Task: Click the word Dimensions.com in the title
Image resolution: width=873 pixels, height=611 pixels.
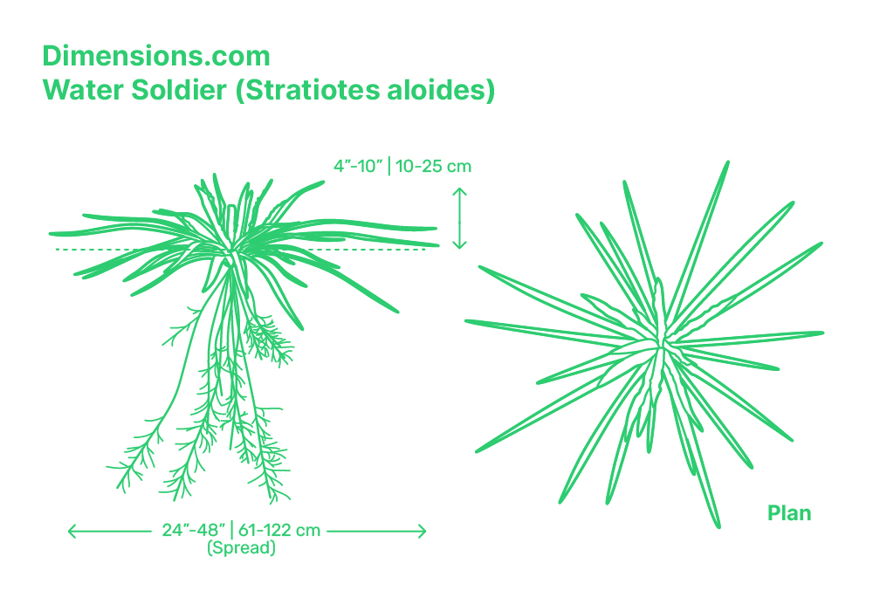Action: (x=156, y=56)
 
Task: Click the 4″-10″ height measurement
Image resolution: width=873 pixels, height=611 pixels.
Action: (x=358, y=166)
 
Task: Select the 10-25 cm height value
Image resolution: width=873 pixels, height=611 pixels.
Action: (x=433, y=166)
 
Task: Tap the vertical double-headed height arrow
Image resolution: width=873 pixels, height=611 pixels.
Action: (x=459, y=218)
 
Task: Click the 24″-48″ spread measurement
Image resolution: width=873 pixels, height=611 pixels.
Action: (x=194, y=530)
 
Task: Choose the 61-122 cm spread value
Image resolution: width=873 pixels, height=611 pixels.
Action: (x=279, y=530)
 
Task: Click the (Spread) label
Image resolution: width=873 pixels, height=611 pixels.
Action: (x=241, y=548)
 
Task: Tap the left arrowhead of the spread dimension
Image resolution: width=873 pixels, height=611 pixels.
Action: (x=71, y=532)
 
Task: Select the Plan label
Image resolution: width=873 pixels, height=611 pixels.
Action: (x=789, y=513)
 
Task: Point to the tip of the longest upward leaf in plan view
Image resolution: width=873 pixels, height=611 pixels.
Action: (x=727, y=162)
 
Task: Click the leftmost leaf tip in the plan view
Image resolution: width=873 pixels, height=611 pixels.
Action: (x=466, y=321)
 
